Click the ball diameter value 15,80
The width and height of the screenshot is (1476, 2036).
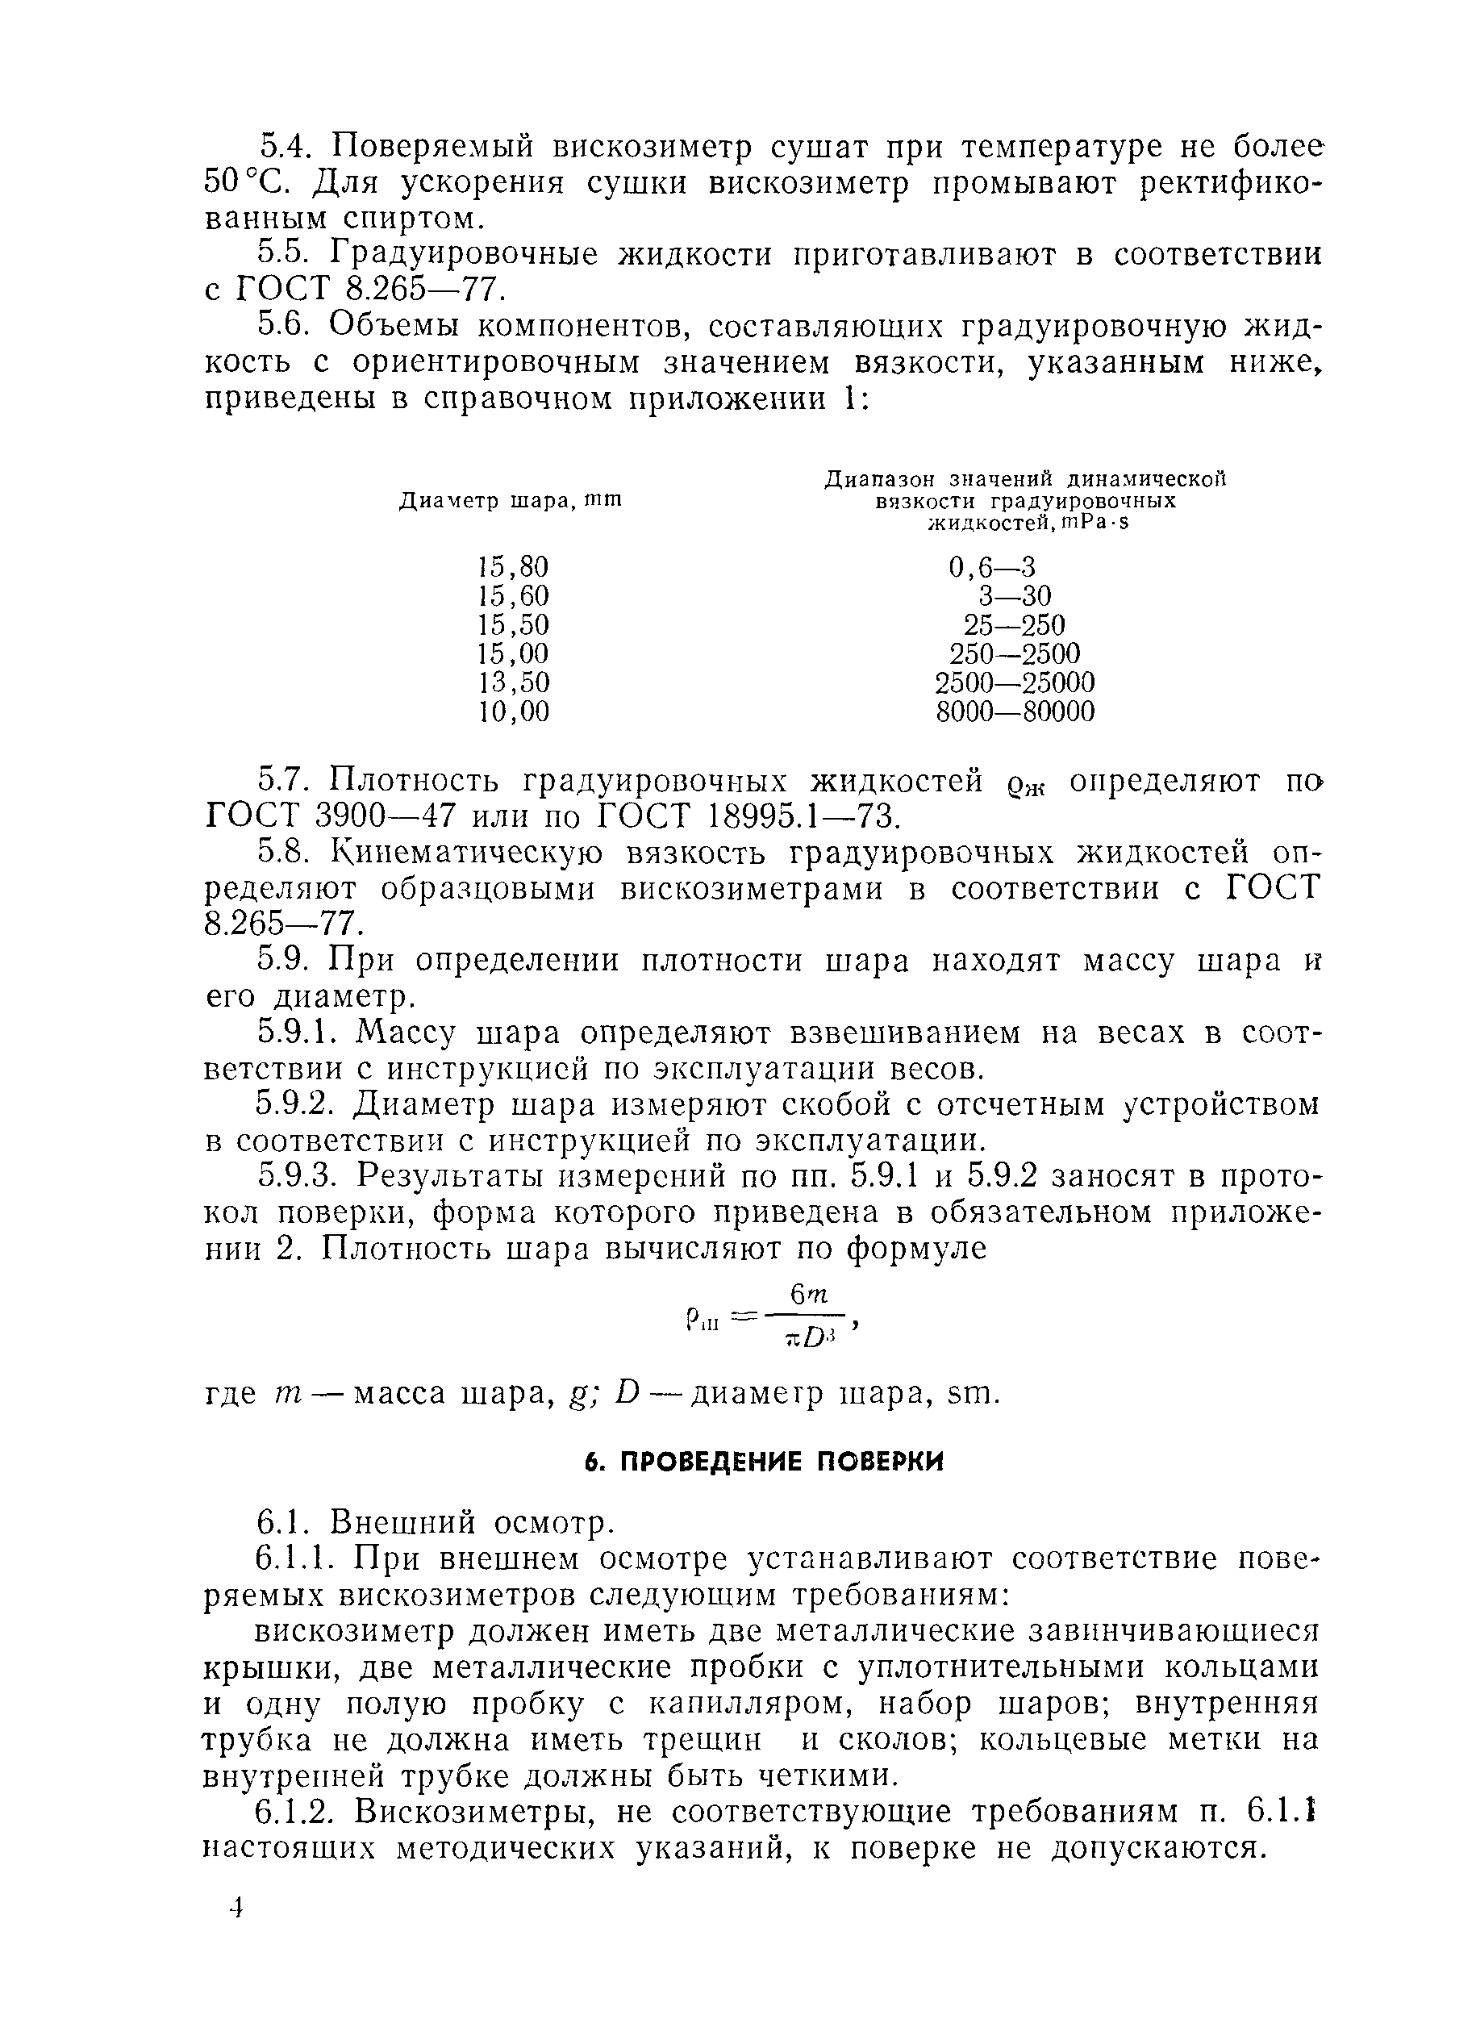[513, 567]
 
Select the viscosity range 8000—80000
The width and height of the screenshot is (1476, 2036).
[1015, 712]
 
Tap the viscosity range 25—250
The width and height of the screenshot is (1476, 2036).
[1015, 626]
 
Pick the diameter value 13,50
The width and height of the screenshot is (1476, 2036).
[513, 683]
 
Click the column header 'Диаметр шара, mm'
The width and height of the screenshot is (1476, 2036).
[510, 501]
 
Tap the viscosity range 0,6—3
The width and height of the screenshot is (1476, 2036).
[991, 567]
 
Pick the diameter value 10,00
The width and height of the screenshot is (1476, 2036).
[513, 712]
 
